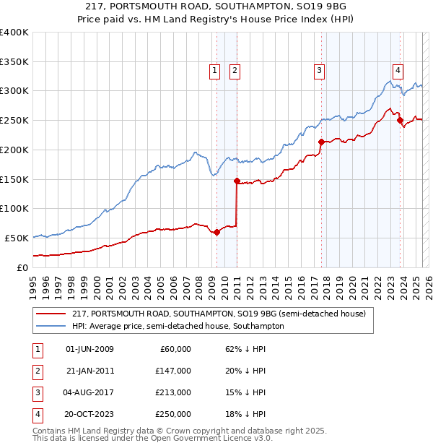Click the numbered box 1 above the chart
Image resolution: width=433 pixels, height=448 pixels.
coord(215,70)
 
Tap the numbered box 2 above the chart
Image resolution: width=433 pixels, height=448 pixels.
coord(235,70)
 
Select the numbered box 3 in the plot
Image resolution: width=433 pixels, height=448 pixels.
coord(319,70)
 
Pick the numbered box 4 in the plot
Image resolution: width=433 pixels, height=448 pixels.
coord(398,70)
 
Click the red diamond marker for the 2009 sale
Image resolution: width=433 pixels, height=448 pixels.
coord(217,232)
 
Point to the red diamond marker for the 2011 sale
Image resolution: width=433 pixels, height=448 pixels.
coord(237,181)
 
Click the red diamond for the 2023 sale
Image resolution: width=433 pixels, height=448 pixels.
coord(400,120)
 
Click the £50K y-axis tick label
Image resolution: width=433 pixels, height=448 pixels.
coord(17,238)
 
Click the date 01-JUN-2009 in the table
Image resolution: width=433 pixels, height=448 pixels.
coord(89,349)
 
